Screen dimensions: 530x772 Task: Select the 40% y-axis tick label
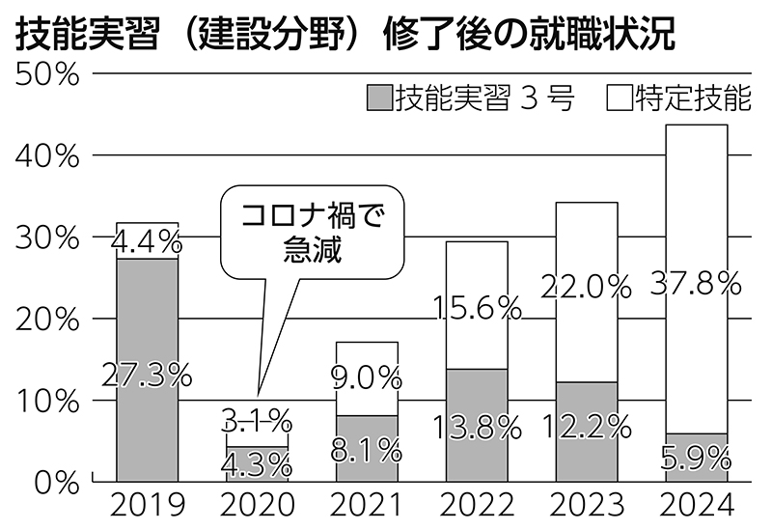pyautogui.click(x=47, y=156)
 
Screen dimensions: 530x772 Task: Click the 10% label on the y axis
pyautogui.click(x=47, y=400)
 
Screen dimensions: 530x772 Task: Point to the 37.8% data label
pyautogui.click(x=696, y=283)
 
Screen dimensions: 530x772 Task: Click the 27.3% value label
pyautogui.click(x=147, y=376)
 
